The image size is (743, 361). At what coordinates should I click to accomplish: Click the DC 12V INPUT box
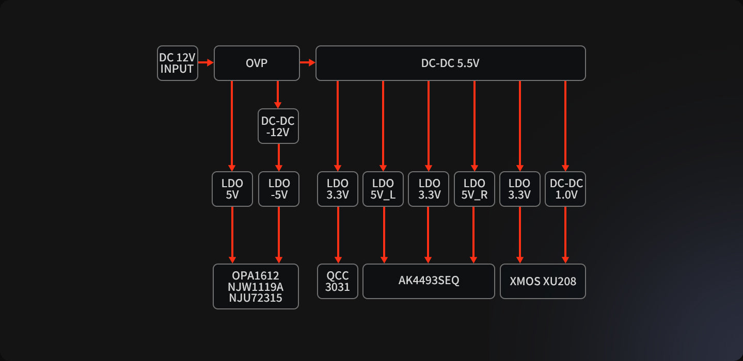tap(177, 63)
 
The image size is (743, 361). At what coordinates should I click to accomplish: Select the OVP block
tap(257, 63)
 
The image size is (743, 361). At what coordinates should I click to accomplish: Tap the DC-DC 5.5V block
tap(450, 63)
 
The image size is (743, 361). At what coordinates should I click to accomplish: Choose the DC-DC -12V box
tap(278, 126)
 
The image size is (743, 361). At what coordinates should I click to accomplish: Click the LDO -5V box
tap(279, 189)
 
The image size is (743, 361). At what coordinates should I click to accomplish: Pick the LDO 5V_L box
tap(383, 189)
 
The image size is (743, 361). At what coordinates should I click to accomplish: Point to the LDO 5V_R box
tap(474, 189)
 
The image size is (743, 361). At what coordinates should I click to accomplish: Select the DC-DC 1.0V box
tap(565, 189)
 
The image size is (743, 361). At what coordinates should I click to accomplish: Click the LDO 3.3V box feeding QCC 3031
tap(338, 189)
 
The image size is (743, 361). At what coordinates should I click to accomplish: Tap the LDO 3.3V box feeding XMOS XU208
tap(519, 189)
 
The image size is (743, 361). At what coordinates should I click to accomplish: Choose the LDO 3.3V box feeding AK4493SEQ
tap(429, 189)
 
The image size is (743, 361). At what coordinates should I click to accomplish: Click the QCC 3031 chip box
tap(338, 281)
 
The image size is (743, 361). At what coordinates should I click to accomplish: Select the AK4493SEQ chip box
tap(429, 281)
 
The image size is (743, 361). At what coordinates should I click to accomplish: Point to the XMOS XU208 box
tap(543, 281)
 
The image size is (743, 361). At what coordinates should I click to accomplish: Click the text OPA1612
tap(256, 276)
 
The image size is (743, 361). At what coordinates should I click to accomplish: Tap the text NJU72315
tap(256, 298)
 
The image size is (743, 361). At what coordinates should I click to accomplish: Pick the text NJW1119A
tap(256, 287)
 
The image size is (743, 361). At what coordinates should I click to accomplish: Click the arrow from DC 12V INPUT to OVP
tap(206, 63)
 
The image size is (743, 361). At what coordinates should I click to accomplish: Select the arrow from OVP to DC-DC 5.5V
tap(307, 63)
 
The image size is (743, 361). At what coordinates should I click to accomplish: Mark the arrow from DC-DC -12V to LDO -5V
tap(279, 157)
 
